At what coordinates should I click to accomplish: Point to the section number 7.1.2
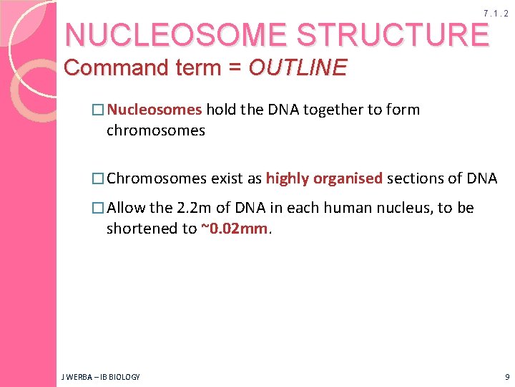click(496, 14)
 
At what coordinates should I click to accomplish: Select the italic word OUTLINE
click(298, 68)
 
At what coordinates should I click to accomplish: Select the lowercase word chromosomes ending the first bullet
click(155, 130)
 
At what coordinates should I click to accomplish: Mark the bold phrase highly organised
click(324, 178)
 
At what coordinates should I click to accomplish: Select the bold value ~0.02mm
click(234, 229)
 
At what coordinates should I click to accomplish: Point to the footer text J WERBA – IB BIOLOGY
click(100, 376)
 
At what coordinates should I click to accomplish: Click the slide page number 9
click(506, 376)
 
